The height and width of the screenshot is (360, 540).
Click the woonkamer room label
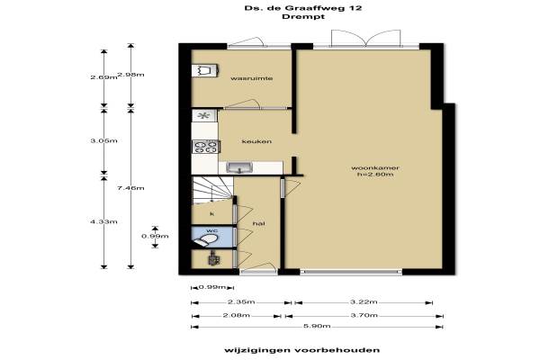pyautogui.click(x=375, y=168)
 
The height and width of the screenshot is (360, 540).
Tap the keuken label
pyautogui.click(x=256, y=141)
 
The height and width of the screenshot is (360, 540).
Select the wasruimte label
pyautogui.click(x=252, y=78)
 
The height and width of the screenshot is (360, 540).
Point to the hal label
pyautogui.click(x=259, y=223)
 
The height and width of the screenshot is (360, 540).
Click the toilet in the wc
pyautogui.click(x=205, y=239)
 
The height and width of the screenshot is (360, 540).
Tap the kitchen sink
pyautogui.click(x=239, y=167)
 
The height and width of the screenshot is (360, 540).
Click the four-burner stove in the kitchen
pyautogui.click(x=205, y=147)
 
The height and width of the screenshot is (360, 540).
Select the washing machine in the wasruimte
pyautogui.click(x=204, y=70)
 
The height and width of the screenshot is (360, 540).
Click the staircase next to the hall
pyautogui.click(x=211, y=189)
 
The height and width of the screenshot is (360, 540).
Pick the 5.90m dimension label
pyautogui.click(x=317, y=326)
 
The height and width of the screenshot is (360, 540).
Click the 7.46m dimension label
pyautogui.click(x=130, y=188)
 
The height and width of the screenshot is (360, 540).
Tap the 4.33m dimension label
pyautogui.click(x=103, y=222)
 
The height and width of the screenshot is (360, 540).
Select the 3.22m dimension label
pyautogui.click(x=364, y=302)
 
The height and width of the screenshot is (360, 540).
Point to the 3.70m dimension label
pyautogui.click(x=364, y=315)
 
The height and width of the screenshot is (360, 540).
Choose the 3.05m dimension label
pyautogui.click(x=103, y=141)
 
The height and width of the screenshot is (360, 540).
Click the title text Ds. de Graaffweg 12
pyautogui.click(x=303, y=8)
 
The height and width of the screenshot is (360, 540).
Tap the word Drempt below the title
pyautogui.click(x=303, y=16)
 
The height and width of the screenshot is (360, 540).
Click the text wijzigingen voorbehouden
pyautogui.click(x=302, y=350)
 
